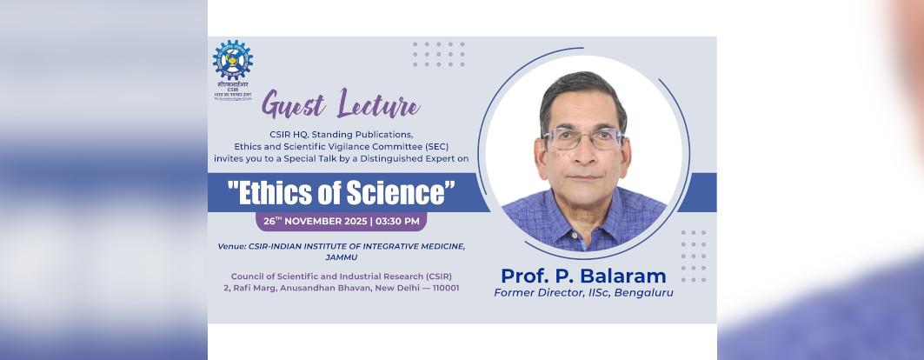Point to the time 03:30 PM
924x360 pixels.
pyautogui.click(x=398, y=221)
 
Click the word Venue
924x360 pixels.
pyautogui.click(x=236, y=246)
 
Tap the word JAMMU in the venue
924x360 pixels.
pyautogui.click(x=342, y=257)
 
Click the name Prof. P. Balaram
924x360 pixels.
pyautogui.click(x=583, y=277)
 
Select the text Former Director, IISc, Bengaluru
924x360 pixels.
pyautogui.click(x=583, y=293)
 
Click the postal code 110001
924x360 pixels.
pyautogui.click(x=440, y=288)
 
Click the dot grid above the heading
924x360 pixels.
pyautogui.click(x=438, y=54)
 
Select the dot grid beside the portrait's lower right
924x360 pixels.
pyautogui.click(x=694, y=256)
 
